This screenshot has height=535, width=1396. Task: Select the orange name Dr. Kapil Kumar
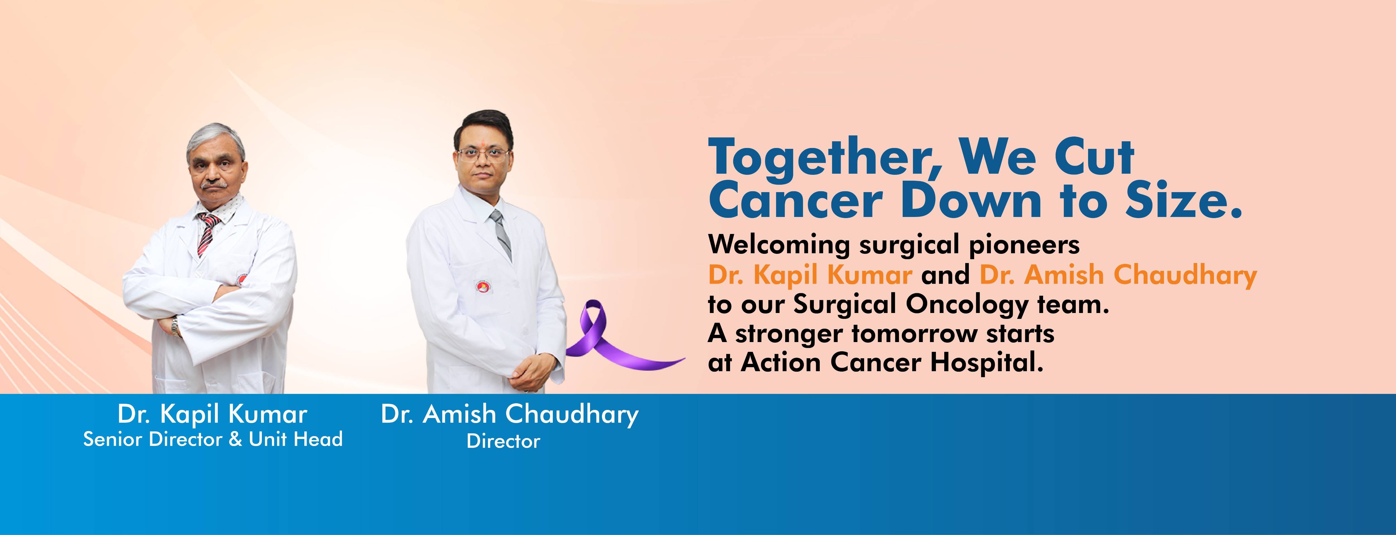click(x=810, y=275)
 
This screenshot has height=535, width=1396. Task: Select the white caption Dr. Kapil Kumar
click(x=212, y=415)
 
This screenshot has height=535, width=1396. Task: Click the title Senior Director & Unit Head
click(x=213, y=439)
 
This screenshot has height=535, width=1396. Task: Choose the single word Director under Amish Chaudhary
click(x=503, y=441)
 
